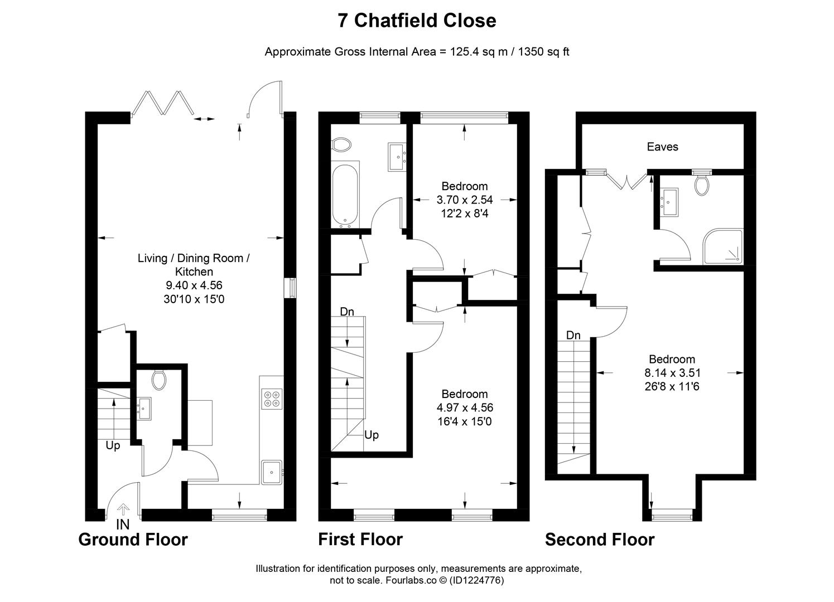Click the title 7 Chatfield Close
pyautogui.click(x=417, y=21)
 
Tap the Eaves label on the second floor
pyautogui.click(x=662, y=147)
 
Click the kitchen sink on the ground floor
pyautogui.click(x=272, y=472)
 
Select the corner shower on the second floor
pyautogui.click(x=723, y=247)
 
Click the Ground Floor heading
pyautogui.click(x=133, y=540)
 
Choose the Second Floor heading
pyautogui.click(x=599, y=540)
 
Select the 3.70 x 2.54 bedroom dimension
pyautogui.click(x=464, y=200)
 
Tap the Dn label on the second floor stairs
pyautogui.click(x=573, y=335)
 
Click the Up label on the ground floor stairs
pyautogui.click(x=113, y=446)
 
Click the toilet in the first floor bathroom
pyautogui.click(x=341, y=145)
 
